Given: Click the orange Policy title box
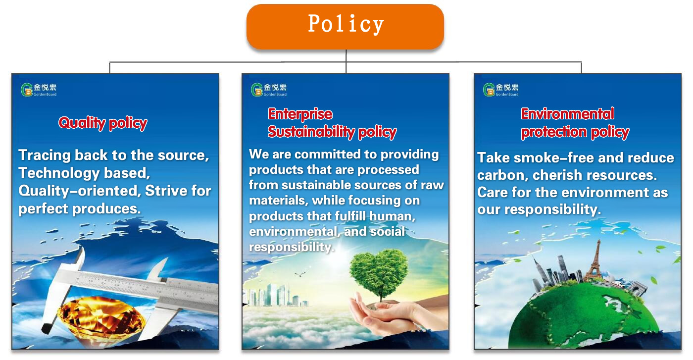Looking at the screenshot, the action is [x=345, y=27].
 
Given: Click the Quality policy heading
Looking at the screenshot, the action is [x=103, y=123].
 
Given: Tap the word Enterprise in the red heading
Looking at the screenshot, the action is [x=300, y=114].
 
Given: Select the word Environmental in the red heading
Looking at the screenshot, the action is [x=567, y=113].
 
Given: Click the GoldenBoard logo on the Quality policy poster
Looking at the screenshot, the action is [x=39, y=90].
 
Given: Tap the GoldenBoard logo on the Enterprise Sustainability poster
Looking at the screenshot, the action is [x=269, y=90].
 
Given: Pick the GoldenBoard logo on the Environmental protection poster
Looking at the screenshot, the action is [x=501, y=90].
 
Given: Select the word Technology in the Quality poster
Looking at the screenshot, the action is [x=59, y=173].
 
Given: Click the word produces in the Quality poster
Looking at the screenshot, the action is [x=106, y=209].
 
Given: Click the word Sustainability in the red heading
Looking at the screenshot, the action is [x=311, y=132].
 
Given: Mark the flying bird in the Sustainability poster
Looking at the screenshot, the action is [x=300, y=274].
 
